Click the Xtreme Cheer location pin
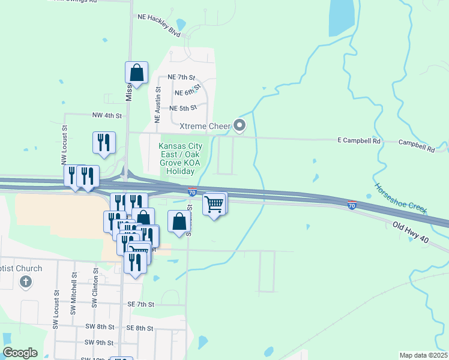point(240,125)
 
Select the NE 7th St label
point(182,77)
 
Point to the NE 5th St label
point(183,108)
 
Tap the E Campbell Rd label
point(359,141)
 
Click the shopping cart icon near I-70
point(214,205)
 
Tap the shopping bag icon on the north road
point(137,73)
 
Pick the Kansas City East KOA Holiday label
point(180,158)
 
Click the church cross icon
point(25,281)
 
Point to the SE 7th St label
point(141,305)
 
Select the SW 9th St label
point(99,342)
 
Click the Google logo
point(20,352)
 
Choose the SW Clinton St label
point(95,289)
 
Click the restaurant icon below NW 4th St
point(104,142)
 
